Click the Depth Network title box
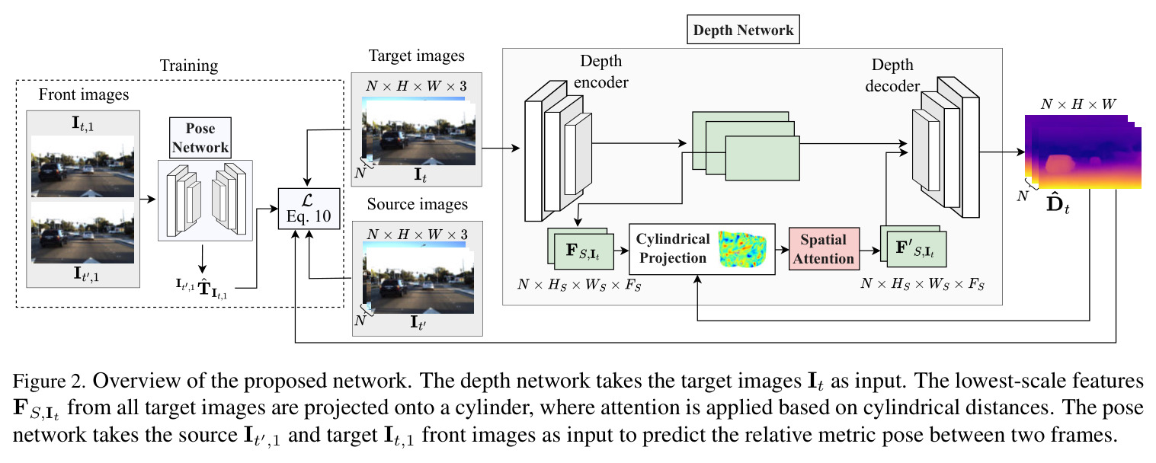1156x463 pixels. click(x=743, y=30)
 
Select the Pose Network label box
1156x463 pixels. click(x=200, y=138)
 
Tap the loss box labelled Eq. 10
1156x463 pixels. click(x=309, y=209)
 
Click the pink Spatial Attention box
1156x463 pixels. click(x=824, y=249)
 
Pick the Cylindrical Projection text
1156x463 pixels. click(x=673, y=248)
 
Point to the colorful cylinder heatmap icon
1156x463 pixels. click(x=743, y=249)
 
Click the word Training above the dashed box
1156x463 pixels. click(x=189, y=65)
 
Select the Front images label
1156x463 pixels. click(x=84, y=95)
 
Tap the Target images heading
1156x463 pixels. click(x=417, y=56)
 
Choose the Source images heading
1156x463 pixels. click(x=418, y=204)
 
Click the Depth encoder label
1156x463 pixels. click(x=601, y=71)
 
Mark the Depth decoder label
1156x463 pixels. click(x=892, y=75)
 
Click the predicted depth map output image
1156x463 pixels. click(x=1083, y=152)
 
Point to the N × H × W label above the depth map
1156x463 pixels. click(x=1078, y=104)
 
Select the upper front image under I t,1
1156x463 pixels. click(x=82, y=166)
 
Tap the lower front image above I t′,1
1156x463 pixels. click(x=82, y=232)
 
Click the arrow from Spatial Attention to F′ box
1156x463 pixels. click(x=870, y=251)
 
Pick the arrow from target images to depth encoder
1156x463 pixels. click(x=501, y=148)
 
